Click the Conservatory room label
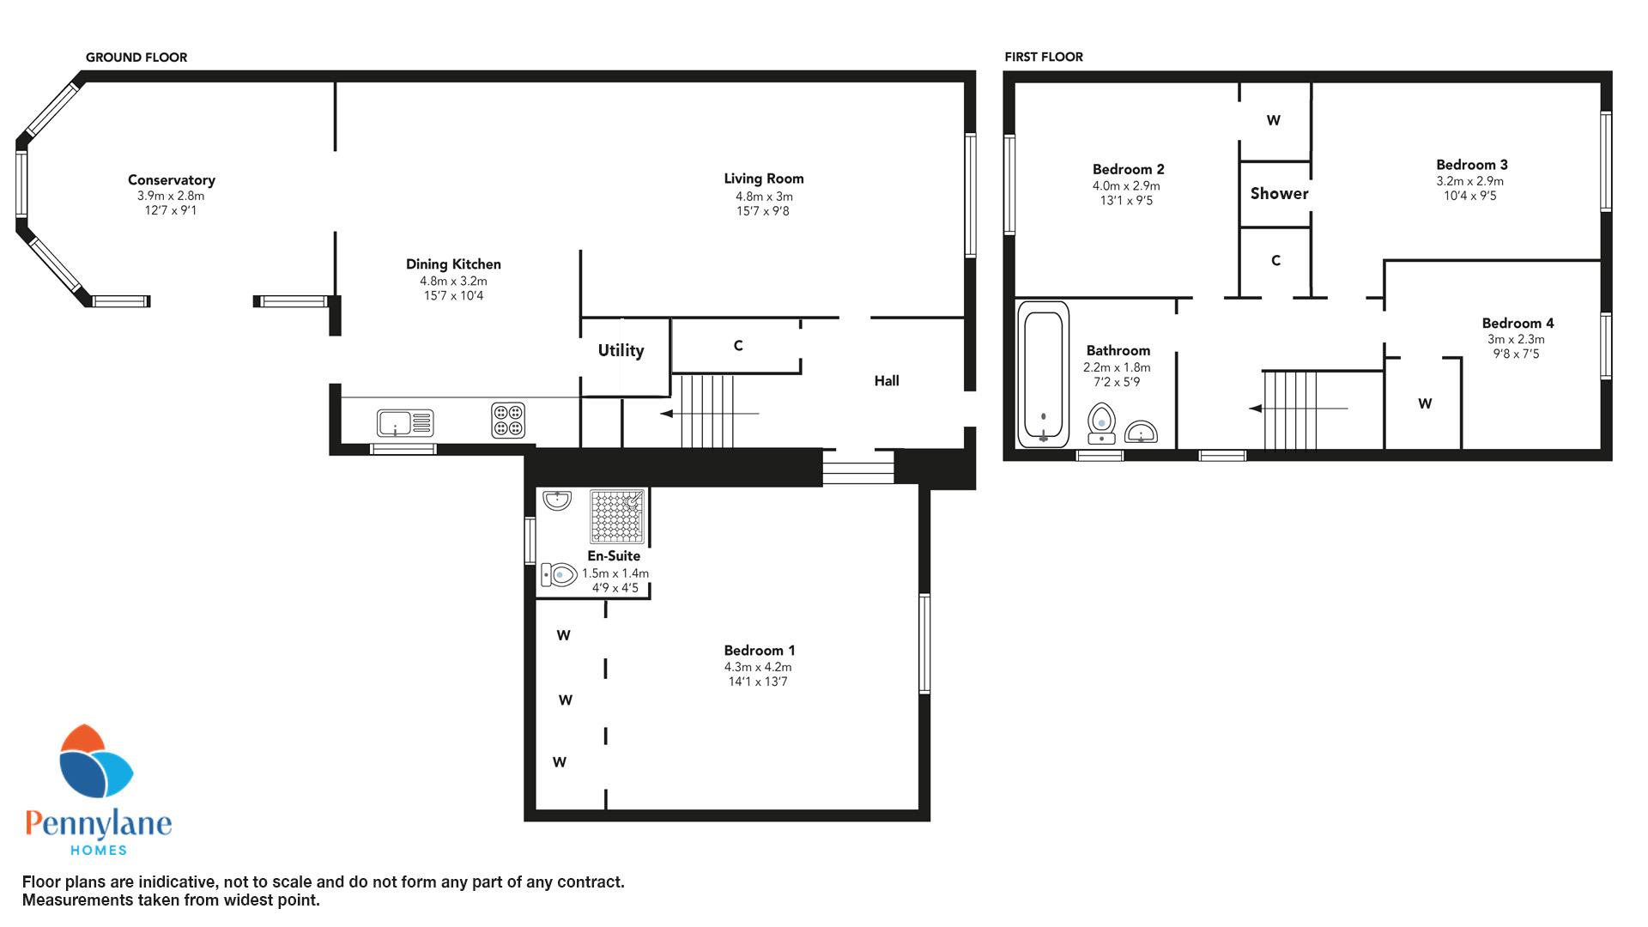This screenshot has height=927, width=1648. click(171, 180)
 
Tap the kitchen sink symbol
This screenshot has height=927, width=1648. click(404, 422)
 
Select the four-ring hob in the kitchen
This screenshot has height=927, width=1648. click(508, 421)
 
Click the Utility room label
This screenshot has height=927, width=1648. click(621, 350)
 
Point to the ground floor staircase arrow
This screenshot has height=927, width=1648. click(709, 414)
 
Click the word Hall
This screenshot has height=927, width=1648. click(887, 380)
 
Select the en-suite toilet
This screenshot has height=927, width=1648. click(559, 574)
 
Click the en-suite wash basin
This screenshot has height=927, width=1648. click(557, 500)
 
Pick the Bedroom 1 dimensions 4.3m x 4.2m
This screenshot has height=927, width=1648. click(758, 667)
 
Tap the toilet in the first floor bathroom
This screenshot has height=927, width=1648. click(1101, 423)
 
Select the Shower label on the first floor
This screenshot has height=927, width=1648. click(1279, 193)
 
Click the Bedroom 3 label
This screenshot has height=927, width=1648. click(1472, 165)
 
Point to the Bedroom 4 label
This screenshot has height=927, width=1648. click(1518, 324)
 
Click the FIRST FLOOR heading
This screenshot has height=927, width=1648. click(1044, 57)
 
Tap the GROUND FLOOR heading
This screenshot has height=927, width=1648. click(136, 58)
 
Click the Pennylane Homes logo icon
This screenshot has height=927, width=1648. click(95, 762)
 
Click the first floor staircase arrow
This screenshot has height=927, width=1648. click(1298, 409)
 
